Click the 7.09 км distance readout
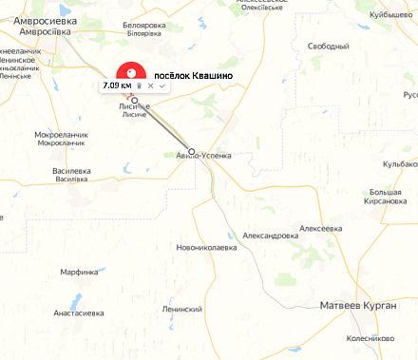[117, 86]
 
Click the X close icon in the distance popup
[150, 86]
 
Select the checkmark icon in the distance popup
[162, 86]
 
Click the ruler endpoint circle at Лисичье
[135, 100]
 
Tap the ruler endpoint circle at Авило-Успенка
[192, 151]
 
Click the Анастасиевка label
[79, 313]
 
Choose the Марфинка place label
[80, 272]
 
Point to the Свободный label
[328, 46]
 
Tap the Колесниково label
[370, 337]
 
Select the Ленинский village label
[182, 310]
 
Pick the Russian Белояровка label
[144, 25]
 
